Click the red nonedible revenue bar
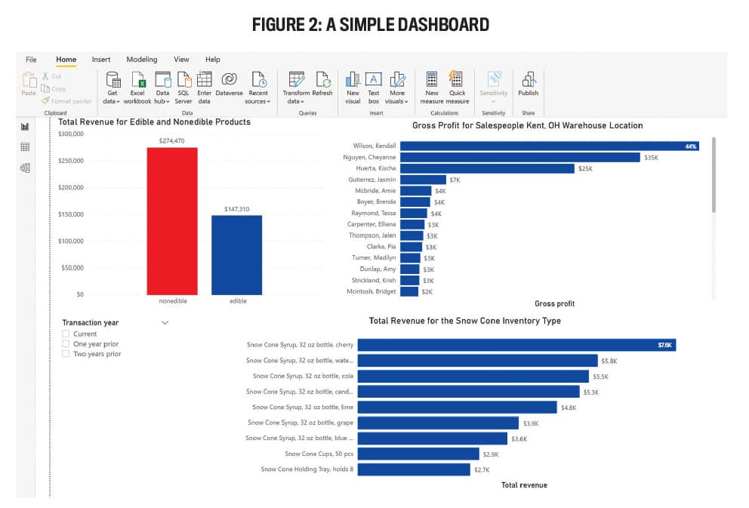click(172, 220)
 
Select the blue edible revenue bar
click(236, 255)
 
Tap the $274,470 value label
click(172, 140)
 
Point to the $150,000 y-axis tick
click(71, 214)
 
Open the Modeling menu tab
click(142, 60)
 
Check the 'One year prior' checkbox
click(66, 343)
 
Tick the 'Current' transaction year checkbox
click(66, 334)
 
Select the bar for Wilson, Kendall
click(549, 146)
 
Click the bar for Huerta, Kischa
click(487, 168)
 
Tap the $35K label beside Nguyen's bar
click(651, 157)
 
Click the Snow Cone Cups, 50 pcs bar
click(418, 454)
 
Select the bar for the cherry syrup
click(516, 345)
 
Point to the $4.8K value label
click(569, 408)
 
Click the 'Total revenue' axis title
click(524, 485)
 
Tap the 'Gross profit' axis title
click(554, 303)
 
